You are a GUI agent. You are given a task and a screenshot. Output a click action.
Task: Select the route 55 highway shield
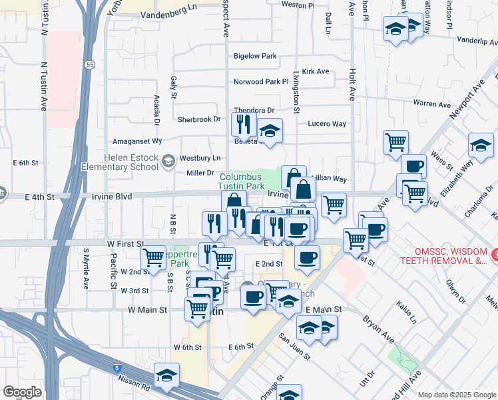[89, 65]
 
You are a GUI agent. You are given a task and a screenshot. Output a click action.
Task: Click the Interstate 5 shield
[118, 367]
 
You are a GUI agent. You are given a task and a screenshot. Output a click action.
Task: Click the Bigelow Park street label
[255, 57]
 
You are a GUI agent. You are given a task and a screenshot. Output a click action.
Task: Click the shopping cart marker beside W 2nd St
[154, 257]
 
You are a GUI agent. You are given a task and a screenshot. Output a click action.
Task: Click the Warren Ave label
[432, 104]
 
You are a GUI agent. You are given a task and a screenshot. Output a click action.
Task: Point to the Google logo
[22, 392]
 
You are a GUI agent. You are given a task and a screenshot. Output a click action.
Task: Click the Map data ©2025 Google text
[457, 395]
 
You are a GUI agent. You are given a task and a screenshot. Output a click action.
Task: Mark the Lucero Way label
[326, 124]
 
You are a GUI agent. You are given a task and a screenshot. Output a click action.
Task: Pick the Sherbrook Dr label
[198, 119]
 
